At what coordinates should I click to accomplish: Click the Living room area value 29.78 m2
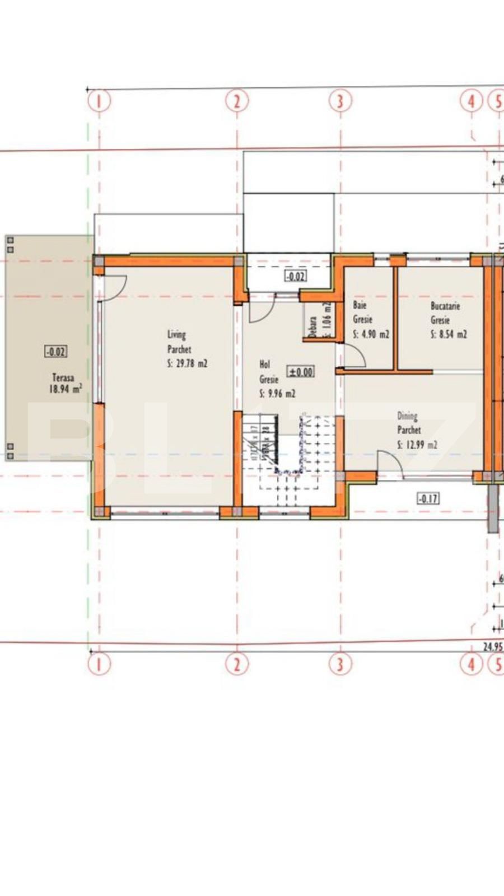187,363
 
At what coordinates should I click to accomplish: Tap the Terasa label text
63,377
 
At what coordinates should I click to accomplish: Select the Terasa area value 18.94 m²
66,389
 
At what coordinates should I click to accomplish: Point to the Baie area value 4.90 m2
371,334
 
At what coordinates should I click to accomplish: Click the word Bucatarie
445,306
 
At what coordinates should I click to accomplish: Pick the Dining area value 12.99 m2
417,445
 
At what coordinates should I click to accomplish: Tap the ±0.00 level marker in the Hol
301,372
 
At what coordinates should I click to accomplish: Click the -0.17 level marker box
428,498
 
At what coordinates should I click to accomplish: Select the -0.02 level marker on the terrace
55,352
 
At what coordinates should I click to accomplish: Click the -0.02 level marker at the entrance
295,276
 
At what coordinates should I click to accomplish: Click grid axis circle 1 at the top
100,101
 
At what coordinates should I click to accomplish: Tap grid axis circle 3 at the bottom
340,664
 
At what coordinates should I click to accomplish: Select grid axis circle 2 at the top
237,101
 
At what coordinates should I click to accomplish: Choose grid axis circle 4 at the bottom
471,664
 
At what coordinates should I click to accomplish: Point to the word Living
176,335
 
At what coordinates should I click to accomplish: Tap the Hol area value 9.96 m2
277,393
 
